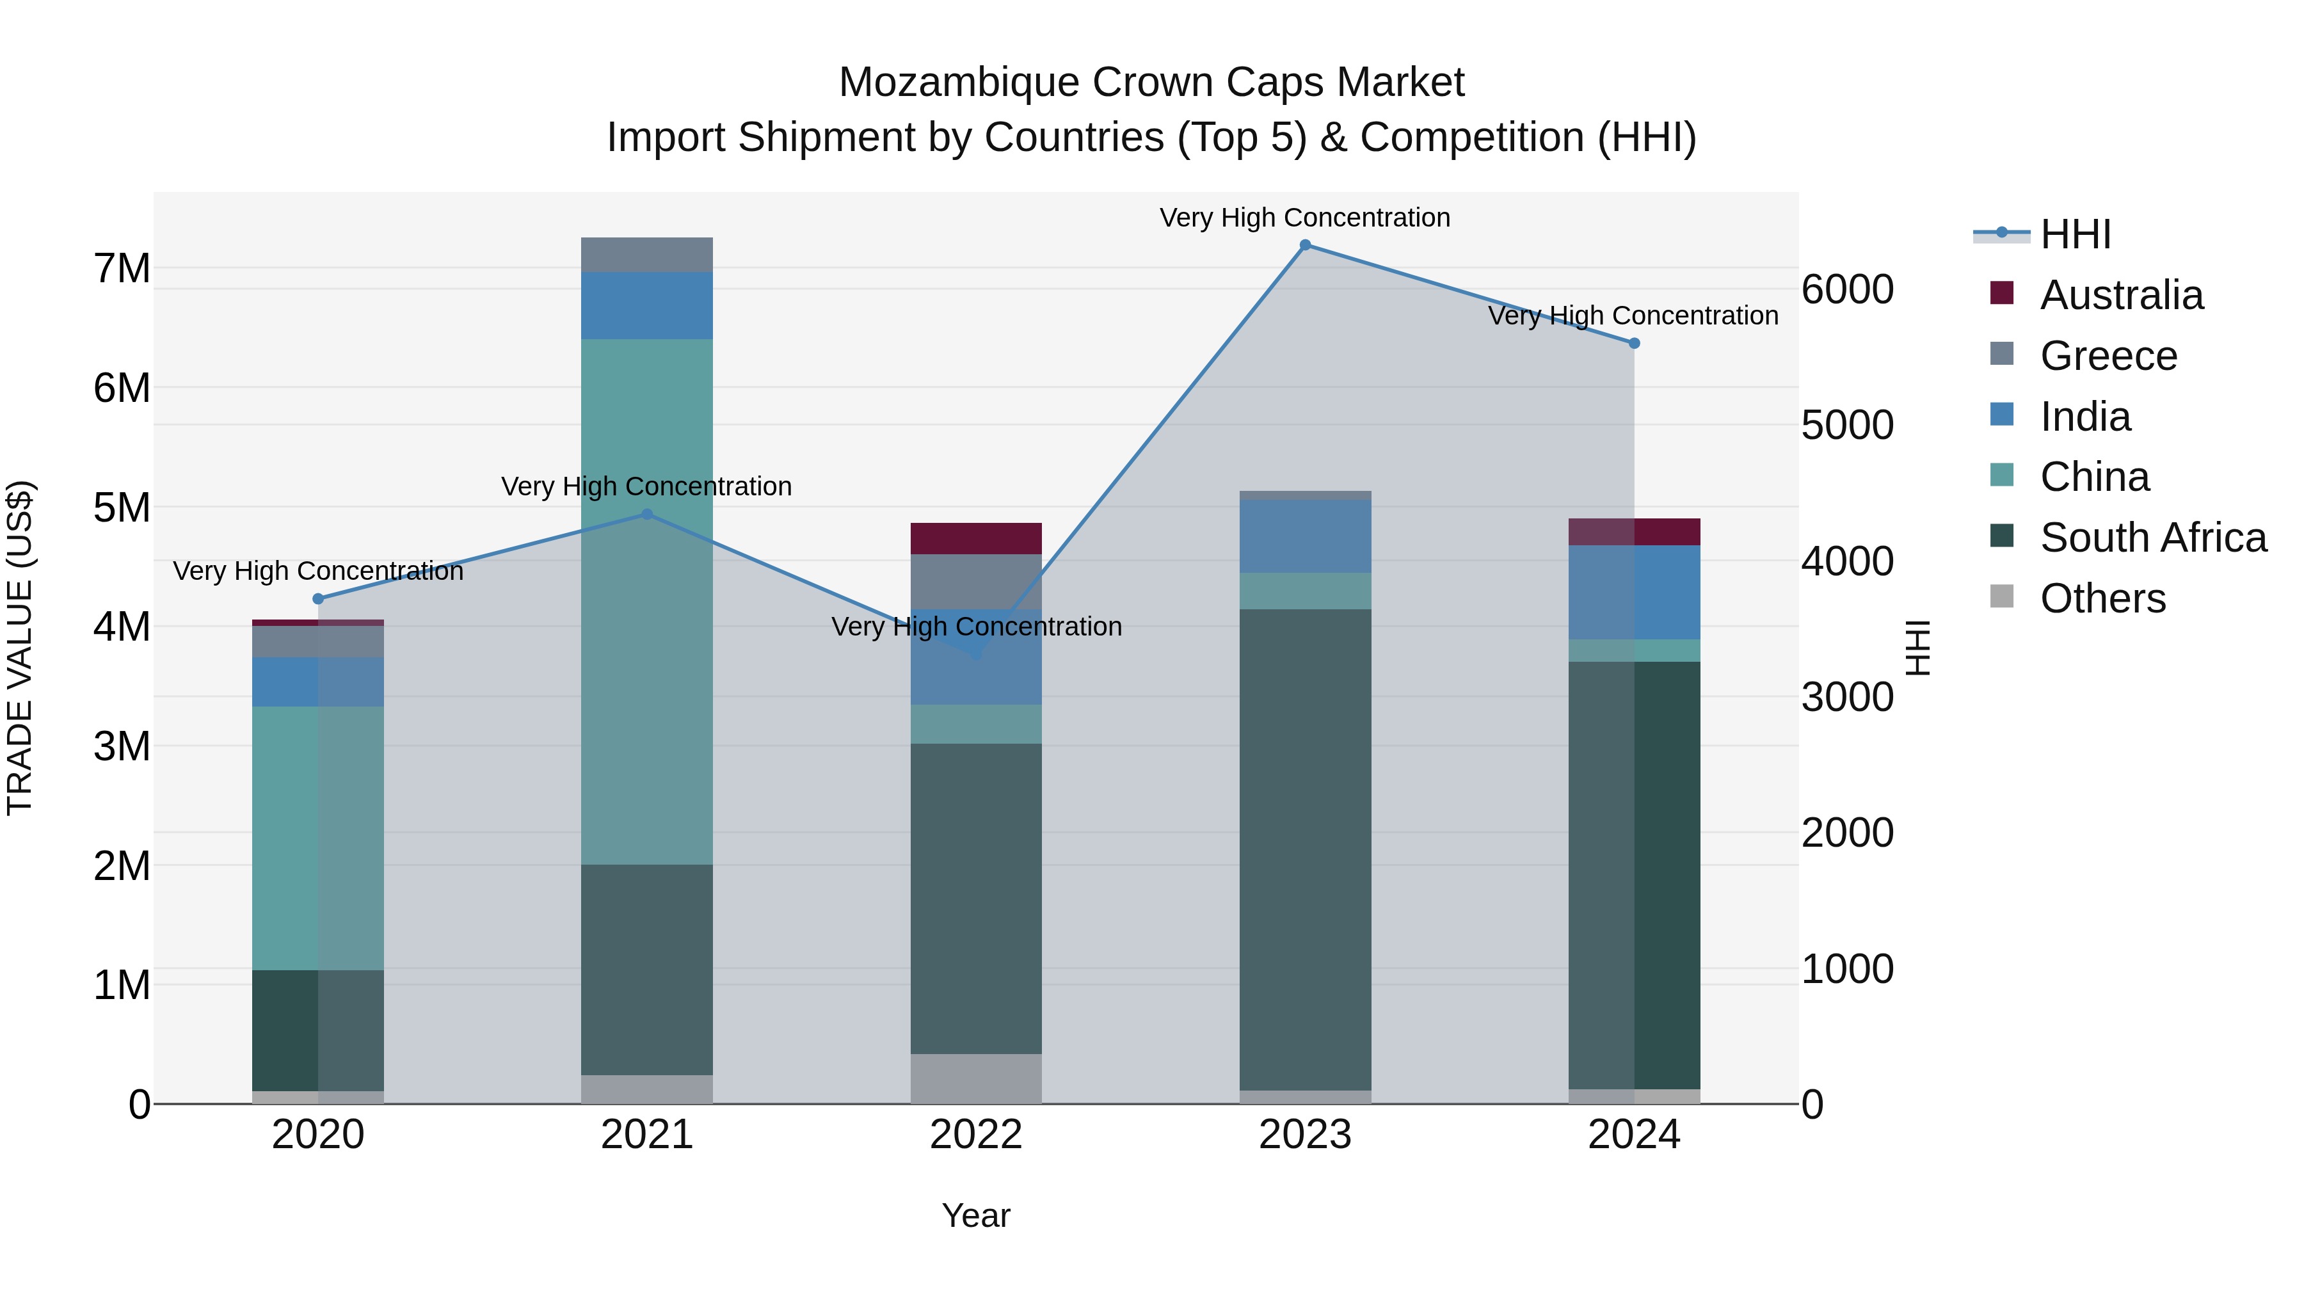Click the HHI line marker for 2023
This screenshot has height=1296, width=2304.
[x=1305, y=245]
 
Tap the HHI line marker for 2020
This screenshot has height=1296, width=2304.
[x=319, y=598]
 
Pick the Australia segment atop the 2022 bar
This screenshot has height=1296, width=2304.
[x=976, y=538]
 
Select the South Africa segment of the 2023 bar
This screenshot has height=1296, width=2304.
[x=1305, y=850]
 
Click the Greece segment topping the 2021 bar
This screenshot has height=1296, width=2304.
[x=646, y=255]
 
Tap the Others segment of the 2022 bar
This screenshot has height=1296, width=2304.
[x=976, y=1078]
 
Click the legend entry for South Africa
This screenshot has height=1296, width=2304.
[x=2153, y=538]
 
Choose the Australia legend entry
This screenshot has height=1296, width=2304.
[x=2121, y=295]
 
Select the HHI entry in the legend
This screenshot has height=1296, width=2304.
[x=2075, y=234]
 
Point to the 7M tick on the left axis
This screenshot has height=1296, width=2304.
[x=122, y=268]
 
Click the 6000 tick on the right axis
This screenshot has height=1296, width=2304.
[x=1847, y=290]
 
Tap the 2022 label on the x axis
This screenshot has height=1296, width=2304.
[x=976, y=1135]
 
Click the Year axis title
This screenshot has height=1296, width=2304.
[x=976, y=1215]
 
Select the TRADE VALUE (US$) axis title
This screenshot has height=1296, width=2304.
[x=20, y=648]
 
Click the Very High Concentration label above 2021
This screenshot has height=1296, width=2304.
[x=646, y=486]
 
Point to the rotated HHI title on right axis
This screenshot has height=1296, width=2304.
[x=1917, y=648]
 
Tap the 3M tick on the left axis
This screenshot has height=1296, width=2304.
[x=122, y=746]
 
